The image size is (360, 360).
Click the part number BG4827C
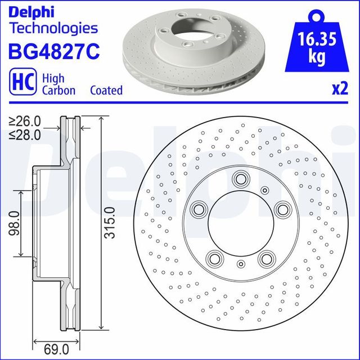point(54,51)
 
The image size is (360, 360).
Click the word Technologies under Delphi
point(53,28)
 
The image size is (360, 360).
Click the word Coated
point(106,90)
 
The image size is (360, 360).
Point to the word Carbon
point(57,90)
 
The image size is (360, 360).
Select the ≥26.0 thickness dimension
point(25,121)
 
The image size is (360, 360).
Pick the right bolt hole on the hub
point(282,210)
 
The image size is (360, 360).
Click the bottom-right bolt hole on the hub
point(265,259)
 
